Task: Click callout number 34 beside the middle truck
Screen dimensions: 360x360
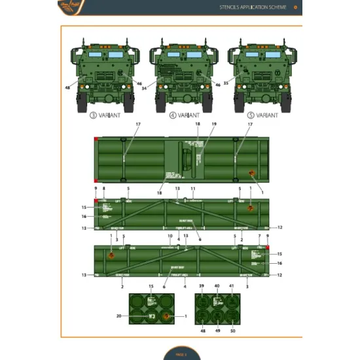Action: (x=143, y=88)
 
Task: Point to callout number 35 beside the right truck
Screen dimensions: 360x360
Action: (x=226, y=83)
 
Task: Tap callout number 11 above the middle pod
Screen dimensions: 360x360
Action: (x=192, y=189)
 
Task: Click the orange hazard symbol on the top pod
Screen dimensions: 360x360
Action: (x=251, y=173)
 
